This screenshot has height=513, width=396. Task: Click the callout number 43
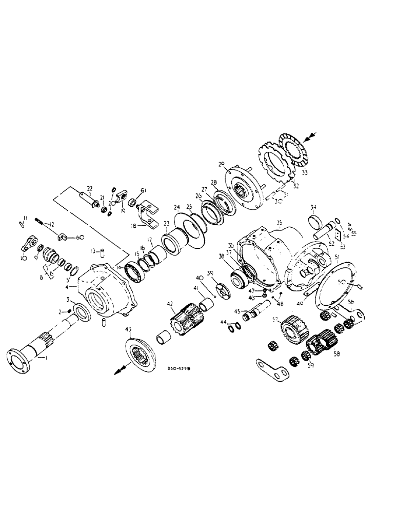128,329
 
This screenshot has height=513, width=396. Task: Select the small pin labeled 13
102,251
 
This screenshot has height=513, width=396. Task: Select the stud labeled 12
42,222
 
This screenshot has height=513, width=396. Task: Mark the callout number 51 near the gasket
337,257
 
